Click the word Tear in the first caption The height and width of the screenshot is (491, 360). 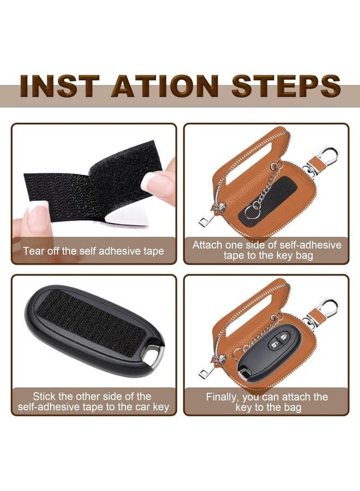33,252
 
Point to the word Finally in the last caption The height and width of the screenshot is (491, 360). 223,397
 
